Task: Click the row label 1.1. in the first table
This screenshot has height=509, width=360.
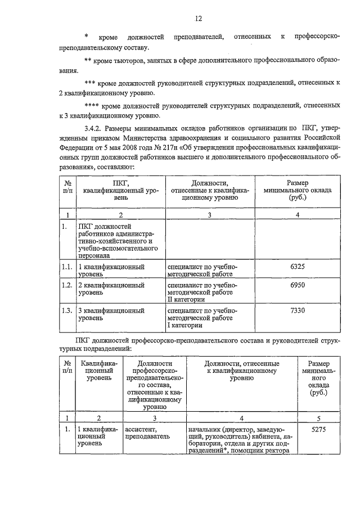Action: click(67, 267)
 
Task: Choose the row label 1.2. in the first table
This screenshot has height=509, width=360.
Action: click(67, 286)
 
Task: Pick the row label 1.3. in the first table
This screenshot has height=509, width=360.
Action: click(67, 310)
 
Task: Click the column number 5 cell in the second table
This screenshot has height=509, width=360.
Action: click(318, 418)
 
